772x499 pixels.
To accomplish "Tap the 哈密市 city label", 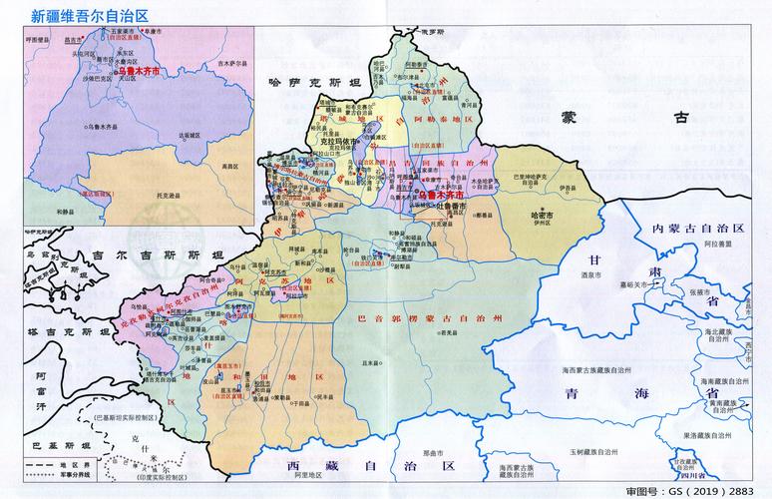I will [x=544, y=214].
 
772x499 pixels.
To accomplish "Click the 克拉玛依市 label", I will [x=342, y=142].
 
